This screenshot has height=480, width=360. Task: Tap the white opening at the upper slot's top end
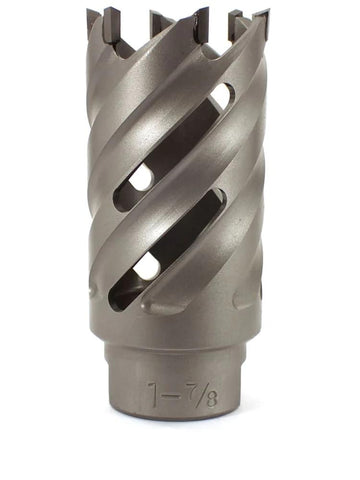(219, 98)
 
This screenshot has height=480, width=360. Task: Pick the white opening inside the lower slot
(147, 266)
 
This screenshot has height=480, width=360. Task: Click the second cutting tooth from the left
(160, 21)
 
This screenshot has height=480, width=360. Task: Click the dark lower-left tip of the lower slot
(118, 296)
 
